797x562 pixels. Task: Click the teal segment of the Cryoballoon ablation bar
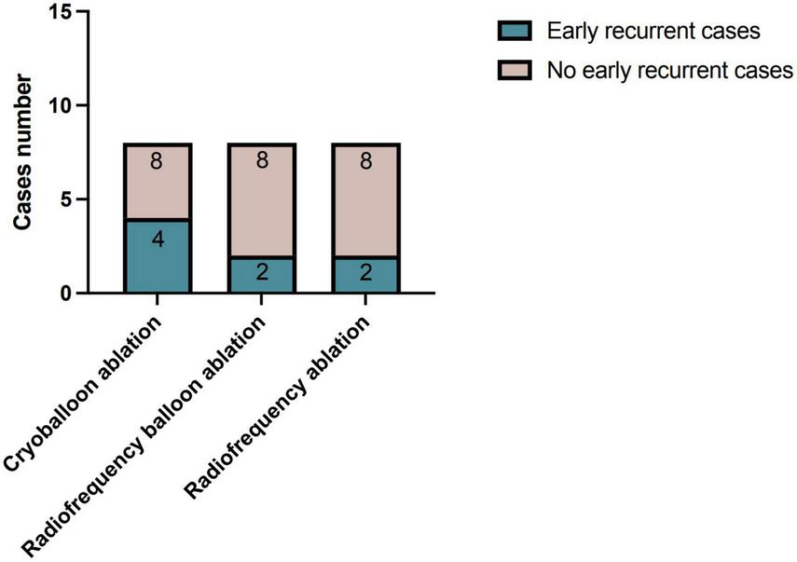[x=157, y=256]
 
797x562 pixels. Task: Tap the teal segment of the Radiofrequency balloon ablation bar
[x=261, y=274]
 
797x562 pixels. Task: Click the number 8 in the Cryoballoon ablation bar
[x=157, y=161]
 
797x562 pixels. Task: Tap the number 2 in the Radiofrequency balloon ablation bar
[x=261, y=274]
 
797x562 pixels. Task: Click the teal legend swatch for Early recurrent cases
[x=517, y=30]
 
